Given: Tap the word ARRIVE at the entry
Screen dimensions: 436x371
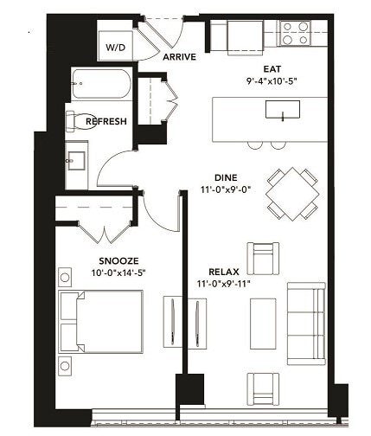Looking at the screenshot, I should click(x=179, y=57).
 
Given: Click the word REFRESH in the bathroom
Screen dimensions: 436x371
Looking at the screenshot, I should click(x=106, y=122).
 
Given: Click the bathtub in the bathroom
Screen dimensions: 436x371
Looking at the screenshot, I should click(x=99, y=85).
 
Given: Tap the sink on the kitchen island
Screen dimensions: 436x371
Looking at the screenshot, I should click(x=282, y=110).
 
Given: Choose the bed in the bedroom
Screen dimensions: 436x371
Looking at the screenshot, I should click(x=101, y=319).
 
